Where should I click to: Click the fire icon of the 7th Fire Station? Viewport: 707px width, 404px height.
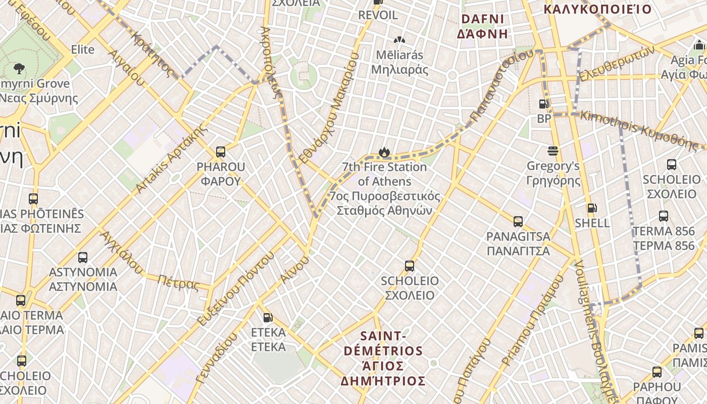384,151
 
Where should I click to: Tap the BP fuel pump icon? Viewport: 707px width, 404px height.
543,104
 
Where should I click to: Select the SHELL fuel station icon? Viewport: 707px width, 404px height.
592,208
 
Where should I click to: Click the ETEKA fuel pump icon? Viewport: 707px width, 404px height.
268,318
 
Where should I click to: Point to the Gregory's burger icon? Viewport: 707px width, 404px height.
553,151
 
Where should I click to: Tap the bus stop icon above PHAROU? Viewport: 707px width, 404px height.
220,151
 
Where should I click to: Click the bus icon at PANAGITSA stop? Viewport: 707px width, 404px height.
518,221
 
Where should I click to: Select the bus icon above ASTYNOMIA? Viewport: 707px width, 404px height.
83,258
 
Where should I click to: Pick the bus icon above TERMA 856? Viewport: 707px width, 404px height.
664,216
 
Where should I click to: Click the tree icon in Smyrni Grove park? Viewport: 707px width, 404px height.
19,68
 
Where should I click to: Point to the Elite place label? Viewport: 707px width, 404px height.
83,49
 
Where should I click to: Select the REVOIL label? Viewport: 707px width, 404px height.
378,15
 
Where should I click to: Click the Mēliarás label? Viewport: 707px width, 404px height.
399,55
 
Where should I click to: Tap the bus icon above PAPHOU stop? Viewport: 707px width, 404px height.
657,372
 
